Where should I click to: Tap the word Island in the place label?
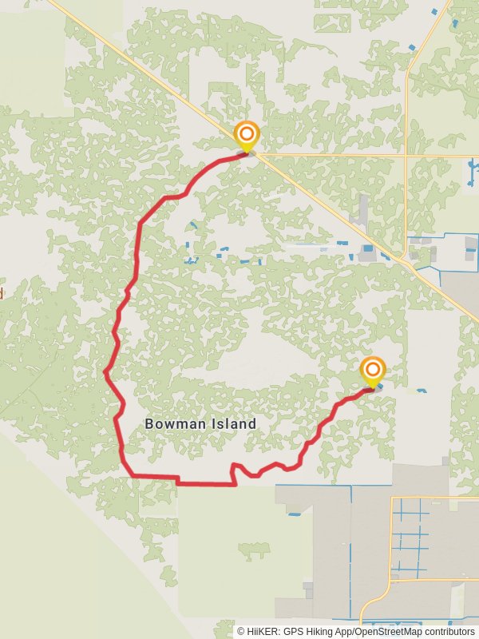click(231, 424)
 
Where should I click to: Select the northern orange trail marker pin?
click(247, 135)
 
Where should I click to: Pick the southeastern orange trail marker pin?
click(372, 370)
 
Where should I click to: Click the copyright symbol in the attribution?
click(241, 631)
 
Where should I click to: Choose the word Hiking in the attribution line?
click(331, 631)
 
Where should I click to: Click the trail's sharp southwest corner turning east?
click(129, 476)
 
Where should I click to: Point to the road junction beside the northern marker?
click(257, 155)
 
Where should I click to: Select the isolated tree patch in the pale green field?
click(254, 550)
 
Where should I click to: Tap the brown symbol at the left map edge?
click(2, 293)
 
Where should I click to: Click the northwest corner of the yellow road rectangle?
click(391, 498)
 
